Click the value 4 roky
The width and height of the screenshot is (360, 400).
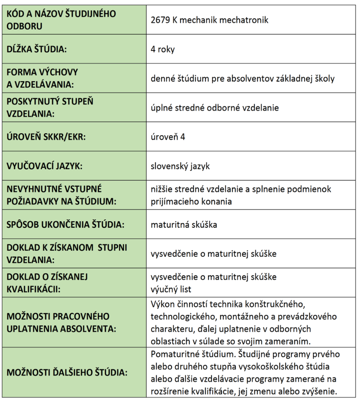(x=162, y=50)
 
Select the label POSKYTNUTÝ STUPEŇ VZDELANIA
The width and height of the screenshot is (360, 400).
(x=50, y=107)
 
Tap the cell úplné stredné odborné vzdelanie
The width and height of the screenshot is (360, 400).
(x=214, y=108)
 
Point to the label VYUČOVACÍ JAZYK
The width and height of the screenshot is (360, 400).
(x=44, y=166)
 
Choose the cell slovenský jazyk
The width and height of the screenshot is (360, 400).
(x=180, y=166)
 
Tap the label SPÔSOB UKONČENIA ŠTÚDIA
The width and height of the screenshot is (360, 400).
(x=62, y=224)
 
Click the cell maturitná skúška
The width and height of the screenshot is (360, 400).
(x=183, y=224)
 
